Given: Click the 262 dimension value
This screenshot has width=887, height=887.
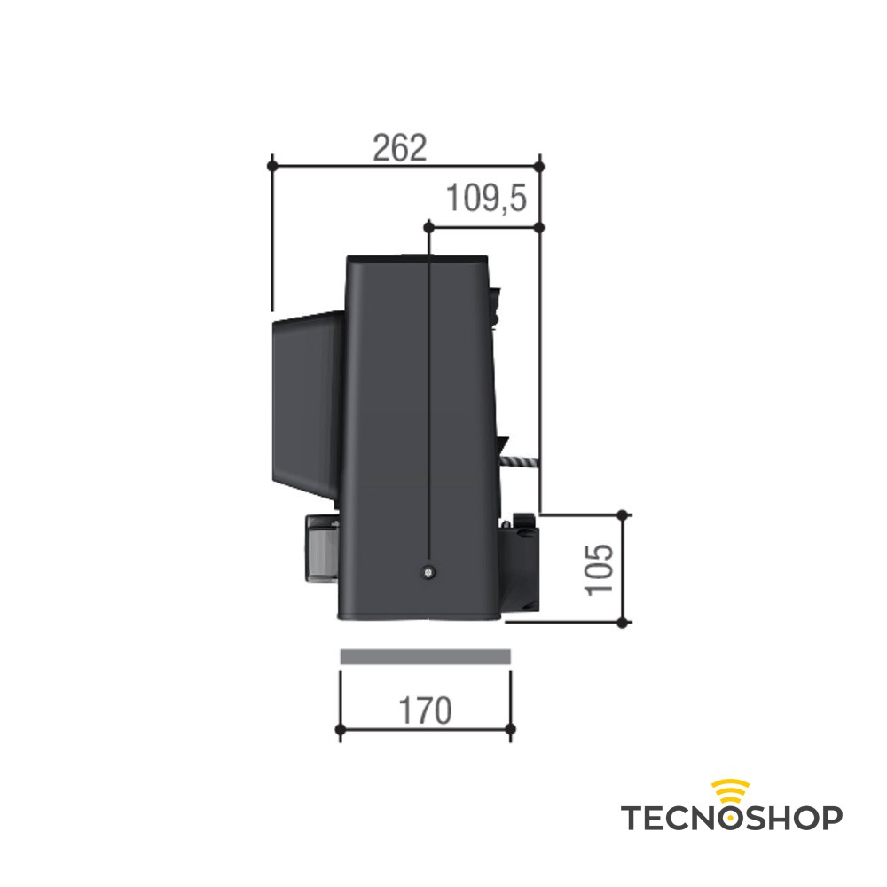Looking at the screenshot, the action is coord(399,148).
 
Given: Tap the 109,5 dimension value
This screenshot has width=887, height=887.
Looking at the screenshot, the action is coord(486,199).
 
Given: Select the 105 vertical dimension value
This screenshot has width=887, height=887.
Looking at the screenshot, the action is coord(600,569).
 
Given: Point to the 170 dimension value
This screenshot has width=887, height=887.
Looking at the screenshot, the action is coord(426,711).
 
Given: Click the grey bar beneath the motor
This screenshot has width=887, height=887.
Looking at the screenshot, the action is coord(426,656).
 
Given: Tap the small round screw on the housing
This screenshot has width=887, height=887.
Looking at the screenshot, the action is coord(429,572).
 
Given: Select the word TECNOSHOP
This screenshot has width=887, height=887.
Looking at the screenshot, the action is coord(732,818).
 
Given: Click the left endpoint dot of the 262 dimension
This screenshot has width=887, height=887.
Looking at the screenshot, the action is coord(272,167).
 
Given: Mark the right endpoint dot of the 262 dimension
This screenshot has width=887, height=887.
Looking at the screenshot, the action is coord(539,167).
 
